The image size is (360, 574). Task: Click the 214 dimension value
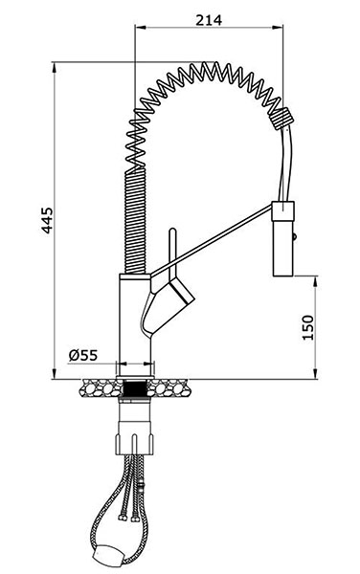point(209,20)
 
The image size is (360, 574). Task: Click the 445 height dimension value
point(47,220)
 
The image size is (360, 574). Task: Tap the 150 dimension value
point(308,327)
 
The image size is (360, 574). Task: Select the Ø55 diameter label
point(83,355)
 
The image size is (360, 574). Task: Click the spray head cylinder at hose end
point(282,238)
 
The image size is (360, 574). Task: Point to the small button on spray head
point(294,237)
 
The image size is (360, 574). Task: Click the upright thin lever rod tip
point(173,231)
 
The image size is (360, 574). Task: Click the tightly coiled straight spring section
point(135,220)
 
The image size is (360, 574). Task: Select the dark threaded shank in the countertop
point(135,388)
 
